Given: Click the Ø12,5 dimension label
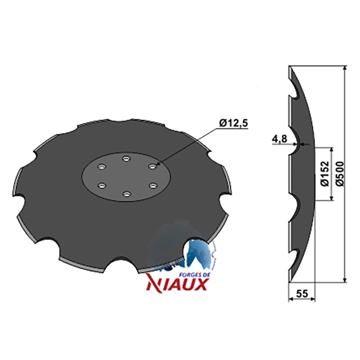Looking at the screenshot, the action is click(234, 123).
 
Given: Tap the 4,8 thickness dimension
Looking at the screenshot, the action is click(279, 139).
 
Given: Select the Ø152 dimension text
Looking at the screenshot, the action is click(324, 174).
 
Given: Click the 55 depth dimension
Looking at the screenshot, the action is click(301, 293).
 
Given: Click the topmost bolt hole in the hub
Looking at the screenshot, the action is click(126, 158).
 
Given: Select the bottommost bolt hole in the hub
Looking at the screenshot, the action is click(126, 194).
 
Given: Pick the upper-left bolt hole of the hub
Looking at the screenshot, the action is click(101, 166).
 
